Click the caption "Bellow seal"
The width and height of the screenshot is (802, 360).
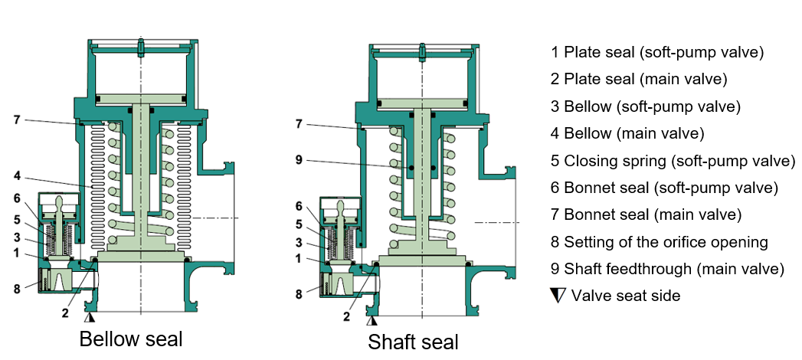pyautogui.click(x=131, y=339)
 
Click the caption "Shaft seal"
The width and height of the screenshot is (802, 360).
pyautogui.click(x=414, y=342)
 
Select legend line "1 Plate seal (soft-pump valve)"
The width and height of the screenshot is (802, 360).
pyautogui.click(x=657, y=52)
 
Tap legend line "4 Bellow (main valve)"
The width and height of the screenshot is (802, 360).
pyautogui.click(x=627, y=133)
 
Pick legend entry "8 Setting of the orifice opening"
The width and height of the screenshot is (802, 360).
pyautogui.click(x=660, y=241)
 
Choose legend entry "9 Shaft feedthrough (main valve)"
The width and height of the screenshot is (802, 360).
pyautogui.click(x=667, y=268)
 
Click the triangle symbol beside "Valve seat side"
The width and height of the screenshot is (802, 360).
pyautogui.click(x=558, y=296)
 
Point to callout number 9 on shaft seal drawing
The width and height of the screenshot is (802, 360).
pyautogui.click(x=300, y=160)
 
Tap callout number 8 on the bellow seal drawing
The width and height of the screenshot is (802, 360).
pyautogui.click(x=16, y=289)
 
